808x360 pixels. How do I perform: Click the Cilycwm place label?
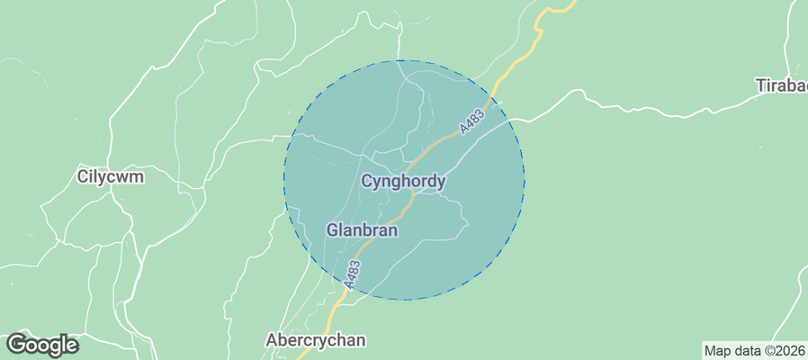coord(111,177)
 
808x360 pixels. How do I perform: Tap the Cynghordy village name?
coord(403,182)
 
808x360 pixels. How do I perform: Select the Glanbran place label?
coord(362,230)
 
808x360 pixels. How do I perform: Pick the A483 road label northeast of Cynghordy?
coord(473,118)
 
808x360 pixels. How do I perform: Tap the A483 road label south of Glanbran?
coord(354,274)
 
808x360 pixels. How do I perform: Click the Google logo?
coord(42,345)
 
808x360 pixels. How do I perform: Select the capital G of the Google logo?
coord(17,344)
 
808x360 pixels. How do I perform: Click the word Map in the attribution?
coord(718,351)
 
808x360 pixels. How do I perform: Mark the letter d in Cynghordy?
coord(428,181)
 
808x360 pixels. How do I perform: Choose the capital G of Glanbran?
coord(332,230)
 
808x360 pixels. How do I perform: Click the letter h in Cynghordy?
coord(400,181)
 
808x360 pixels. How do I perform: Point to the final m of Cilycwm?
coord(138,178)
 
